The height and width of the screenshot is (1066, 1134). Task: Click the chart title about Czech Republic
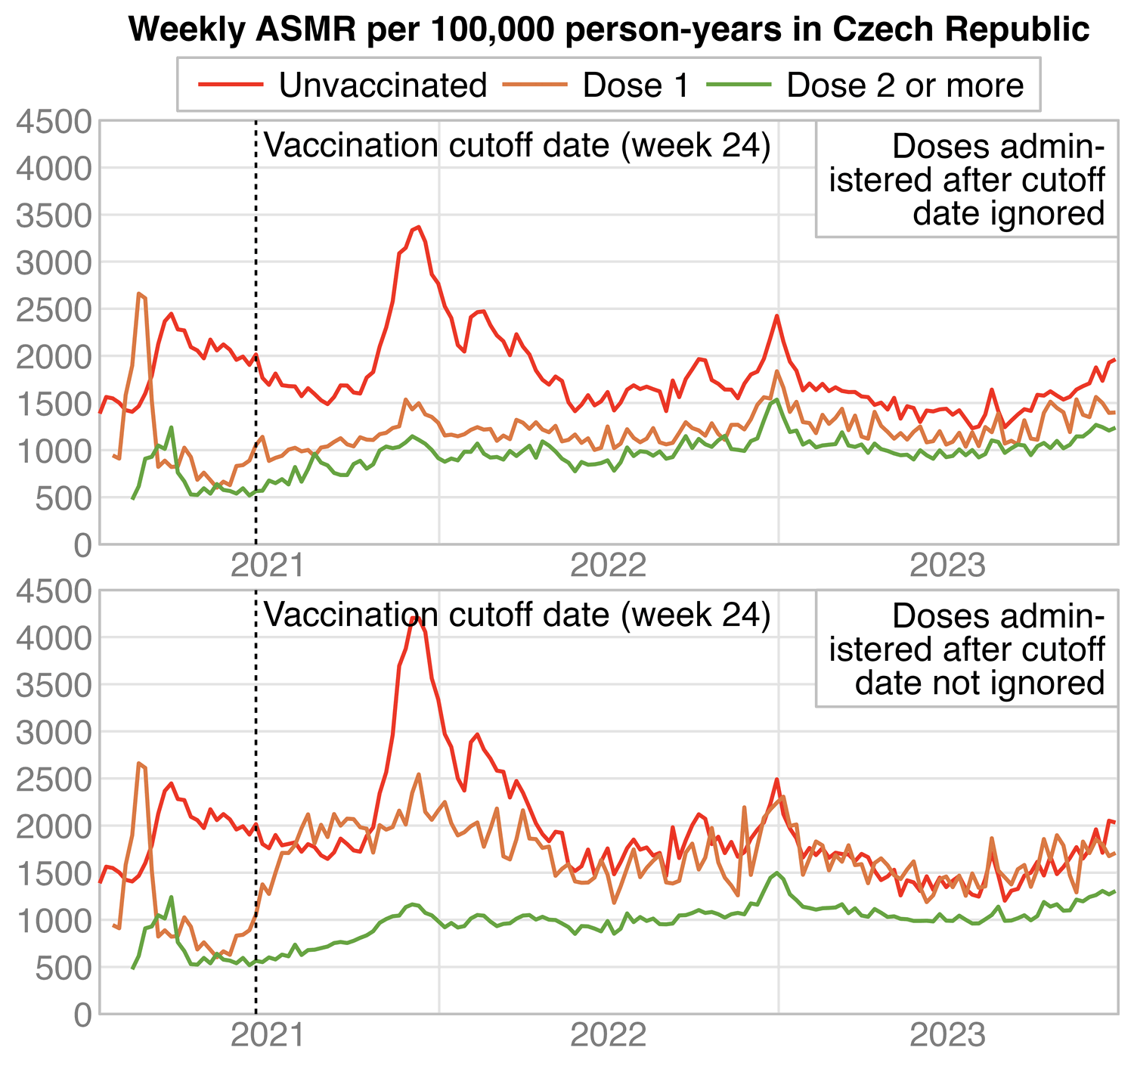[x=609, y=29]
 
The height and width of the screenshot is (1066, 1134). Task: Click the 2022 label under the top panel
[x=609, y=566]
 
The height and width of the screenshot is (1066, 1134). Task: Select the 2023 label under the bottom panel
[x=948, y=1036]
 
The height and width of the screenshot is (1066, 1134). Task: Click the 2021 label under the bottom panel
[x=268, y=1036]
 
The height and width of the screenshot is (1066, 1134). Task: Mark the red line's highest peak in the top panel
[x=419, y=227]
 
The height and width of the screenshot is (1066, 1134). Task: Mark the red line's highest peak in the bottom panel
[x=414, y=618]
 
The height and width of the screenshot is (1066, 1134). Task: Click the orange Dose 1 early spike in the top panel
[x=139, y=294]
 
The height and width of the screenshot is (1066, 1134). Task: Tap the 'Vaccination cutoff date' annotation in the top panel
[x=517, y=146]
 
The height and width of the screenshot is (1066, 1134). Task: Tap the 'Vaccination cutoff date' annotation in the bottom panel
[x=517, y=615]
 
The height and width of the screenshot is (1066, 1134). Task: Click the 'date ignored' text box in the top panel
[x=966, y=180]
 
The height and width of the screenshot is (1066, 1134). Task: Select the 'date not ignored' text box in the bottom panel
[x=966, y=650]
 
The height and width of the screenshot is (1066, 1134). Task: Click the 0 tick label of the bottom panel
[x=83, y=1015]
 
